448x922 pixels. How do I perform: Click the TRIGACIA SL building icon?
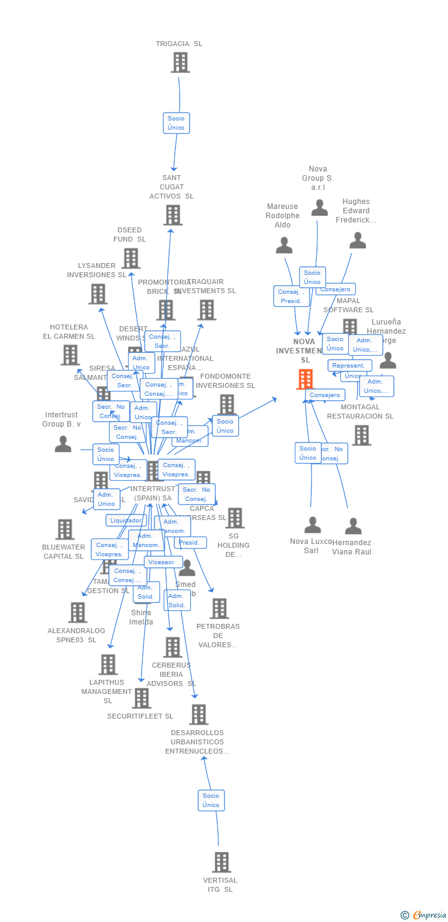[180, 63]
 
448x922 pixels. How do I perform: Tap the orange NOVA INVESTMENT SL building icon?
[305, 379]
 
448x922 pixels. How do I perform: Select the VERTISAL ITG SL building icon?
[222, 862]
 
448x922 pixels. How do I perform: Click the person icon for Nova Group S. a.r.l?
[319, 208]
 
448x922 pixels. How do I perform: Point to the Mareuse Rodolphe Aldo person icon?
[284, 245]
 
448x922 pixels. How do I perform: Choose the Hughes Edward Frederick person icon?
[358, 240]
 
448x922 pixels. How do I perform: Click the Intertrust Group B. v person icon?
[63, 444]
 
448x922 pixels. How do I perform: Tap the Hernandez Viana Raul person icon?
[353, 526]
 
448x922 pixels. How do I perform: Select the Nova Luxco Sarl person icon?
[313, 525]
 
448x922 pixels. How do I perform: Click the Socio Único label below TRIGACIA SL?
[176, 123]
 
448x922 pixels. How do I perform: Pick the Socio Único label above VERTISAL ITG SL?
[211, 800]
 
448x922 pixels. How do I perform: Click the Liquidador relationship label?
[126, 521]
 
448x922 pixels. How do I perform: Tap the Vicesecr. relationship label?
[163, 562]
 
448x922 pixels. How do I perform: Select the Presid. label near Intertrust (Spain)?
[190, 543]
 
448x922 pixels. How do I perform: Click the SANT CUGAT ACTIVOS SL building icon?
[173, 215]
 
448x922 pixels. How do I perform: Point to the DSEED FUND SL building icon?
[131, 258]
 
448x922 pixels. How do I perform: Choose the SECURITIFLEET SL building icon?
[142, 698]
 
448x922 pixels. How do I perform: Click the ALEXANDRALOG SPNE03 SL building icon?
[78, 612]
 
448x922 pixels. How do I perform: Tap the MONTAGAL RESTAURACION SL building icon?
[361, 435]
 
